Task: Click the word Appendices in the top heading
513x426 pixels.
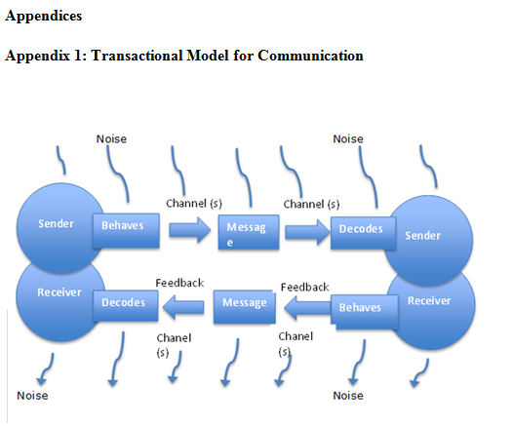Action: coord(44,17)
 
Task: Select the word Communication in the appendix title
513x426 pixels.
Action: coord(310,56)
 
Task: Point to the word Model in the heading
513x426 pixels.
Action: coord(208,56)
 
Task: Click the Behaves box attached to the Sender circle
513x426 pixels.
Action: coord(126,230)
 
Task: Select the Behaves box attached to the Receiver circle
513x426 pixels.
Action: coord(365,311)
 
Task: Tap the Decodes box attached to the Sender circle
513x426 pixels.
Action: coord(363,232)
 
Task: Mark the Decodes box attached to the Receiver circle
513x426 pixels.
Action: coord(126,305)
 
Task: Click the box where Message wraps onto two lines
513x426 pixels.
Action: coord(249,232)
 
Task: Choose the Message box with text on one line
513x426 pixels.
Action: coord(245,307)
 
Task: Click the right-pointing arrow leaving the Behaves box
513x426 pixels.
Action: coord(190,230)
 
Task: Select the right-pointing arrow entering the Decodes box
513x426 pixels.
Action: coord(307,232)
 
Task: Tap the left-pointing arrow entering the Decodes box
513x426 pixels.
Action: coord(183,307)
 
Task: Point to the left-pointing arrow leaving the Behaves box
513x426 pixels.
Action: coord(307,308)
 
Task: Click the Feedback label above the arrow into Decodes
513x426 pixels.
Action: coord(179,283)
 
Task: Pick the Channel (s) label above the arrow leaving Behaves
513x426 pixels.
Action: coord(194,204)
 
